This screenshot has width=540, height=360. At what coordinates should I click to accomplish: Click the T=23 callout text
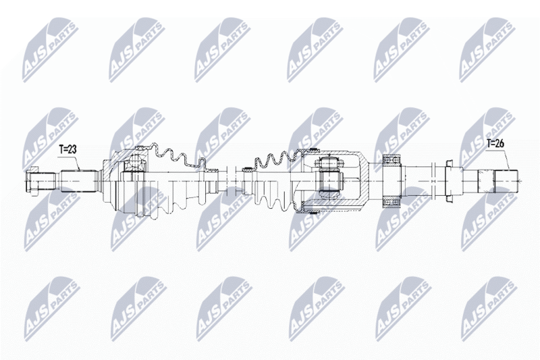67,149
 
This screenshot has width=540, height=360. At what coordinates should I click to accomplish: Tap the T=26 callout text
495,143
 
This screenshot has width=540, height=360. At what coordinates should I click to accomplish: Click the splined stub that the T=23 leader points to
78,181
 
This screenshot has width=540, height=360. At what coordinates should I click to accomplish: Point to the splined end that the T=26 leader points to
506,181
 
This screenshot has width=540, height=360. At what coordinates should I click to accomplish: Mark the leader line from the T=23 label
69,162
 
